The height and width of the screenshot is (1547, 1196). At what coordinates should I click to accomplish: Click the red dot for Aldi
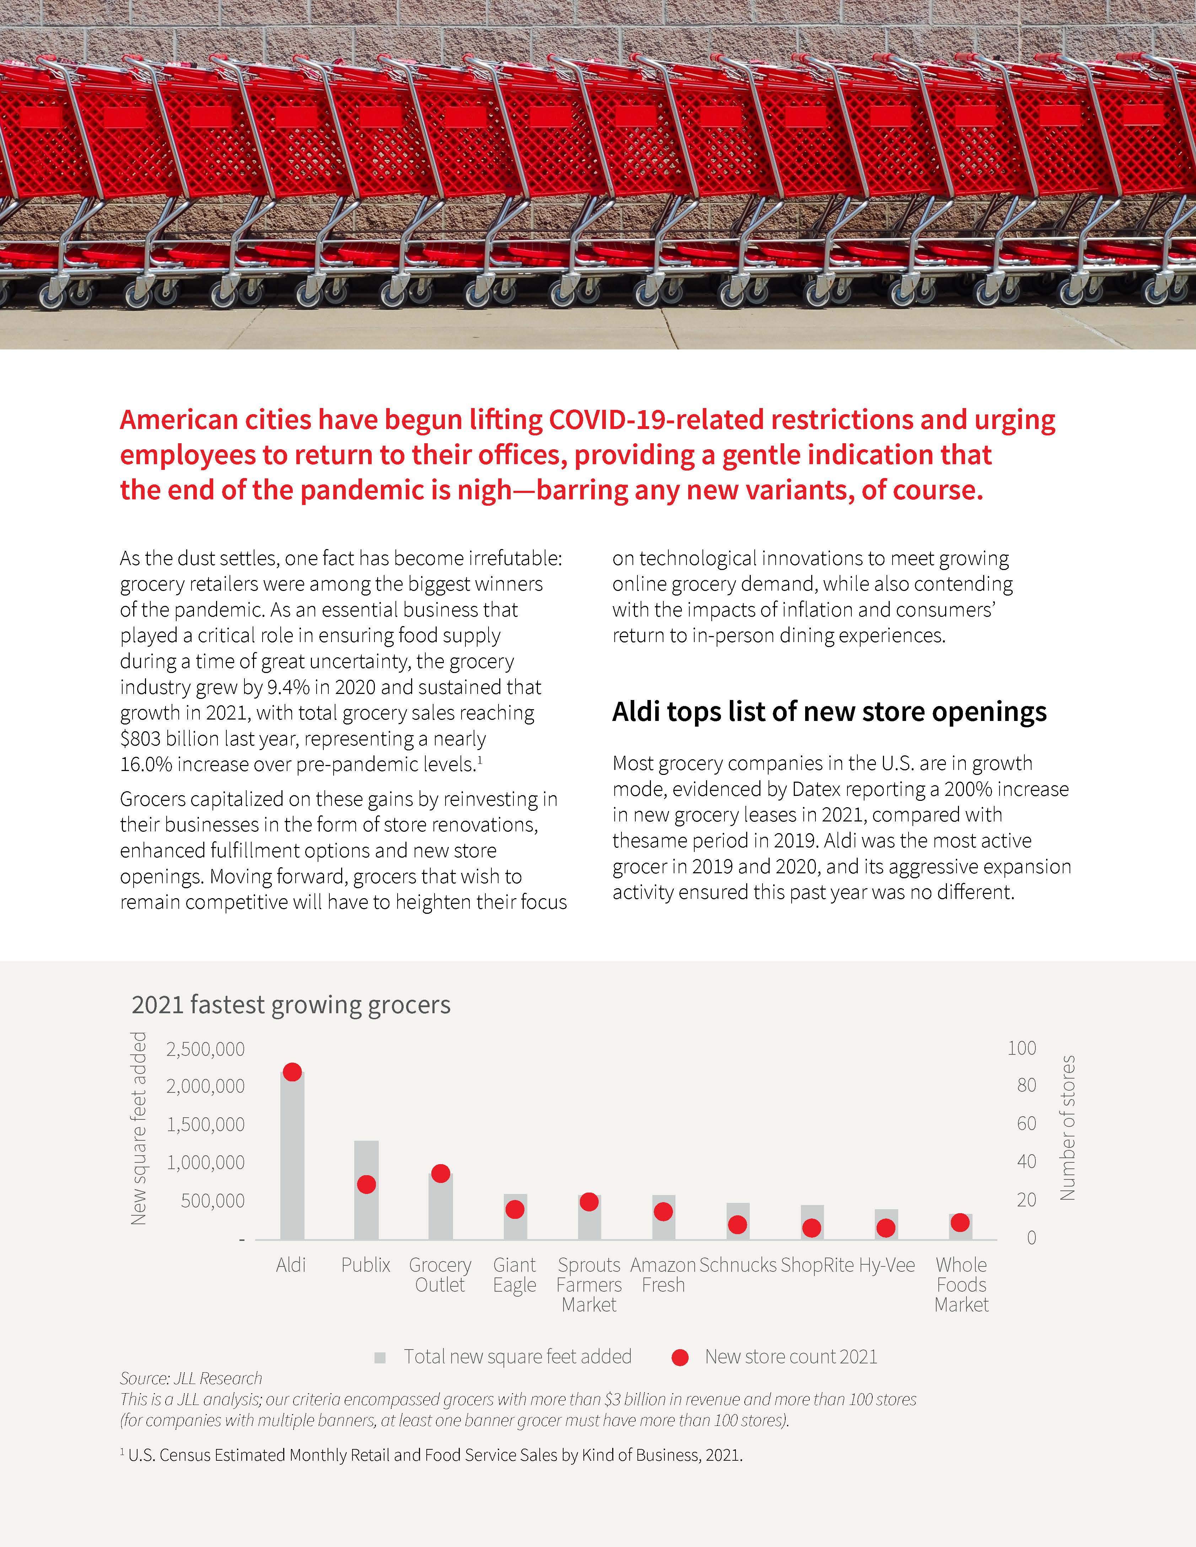pos(292,1072)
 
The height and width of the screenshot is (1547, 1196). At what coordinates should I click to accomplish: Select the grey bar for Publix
pos(366,1190)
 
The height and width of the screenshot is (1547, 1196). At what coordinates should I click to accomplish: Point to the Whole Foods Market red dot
pos(960,1223)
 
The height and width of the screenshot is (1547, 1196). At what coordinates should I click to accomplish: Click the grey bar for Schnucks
pos(738,1221)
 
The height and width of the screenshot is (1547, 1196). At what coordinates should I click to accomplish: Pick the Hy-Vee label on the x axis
pos(887,1265)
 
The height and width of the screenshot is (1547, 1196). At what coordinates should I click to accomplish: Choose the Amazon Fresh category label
pos(663,1275)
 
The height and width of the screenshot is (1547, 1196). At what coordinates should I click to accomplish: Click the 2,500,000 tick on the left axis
pos(205,1049)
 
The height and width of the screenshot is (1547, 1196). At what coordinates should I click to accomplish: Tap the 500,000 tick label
pos(212,1201)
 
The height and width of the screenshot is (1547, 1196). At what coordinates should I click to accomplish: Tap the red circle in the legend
pos(680,1357)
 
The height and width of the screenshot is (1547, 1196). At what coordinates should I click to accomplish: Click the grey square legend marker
pos(380,1357)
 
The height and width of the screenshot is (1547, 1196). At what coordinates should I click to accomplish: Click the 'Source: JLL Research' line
pos(191,1378)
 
